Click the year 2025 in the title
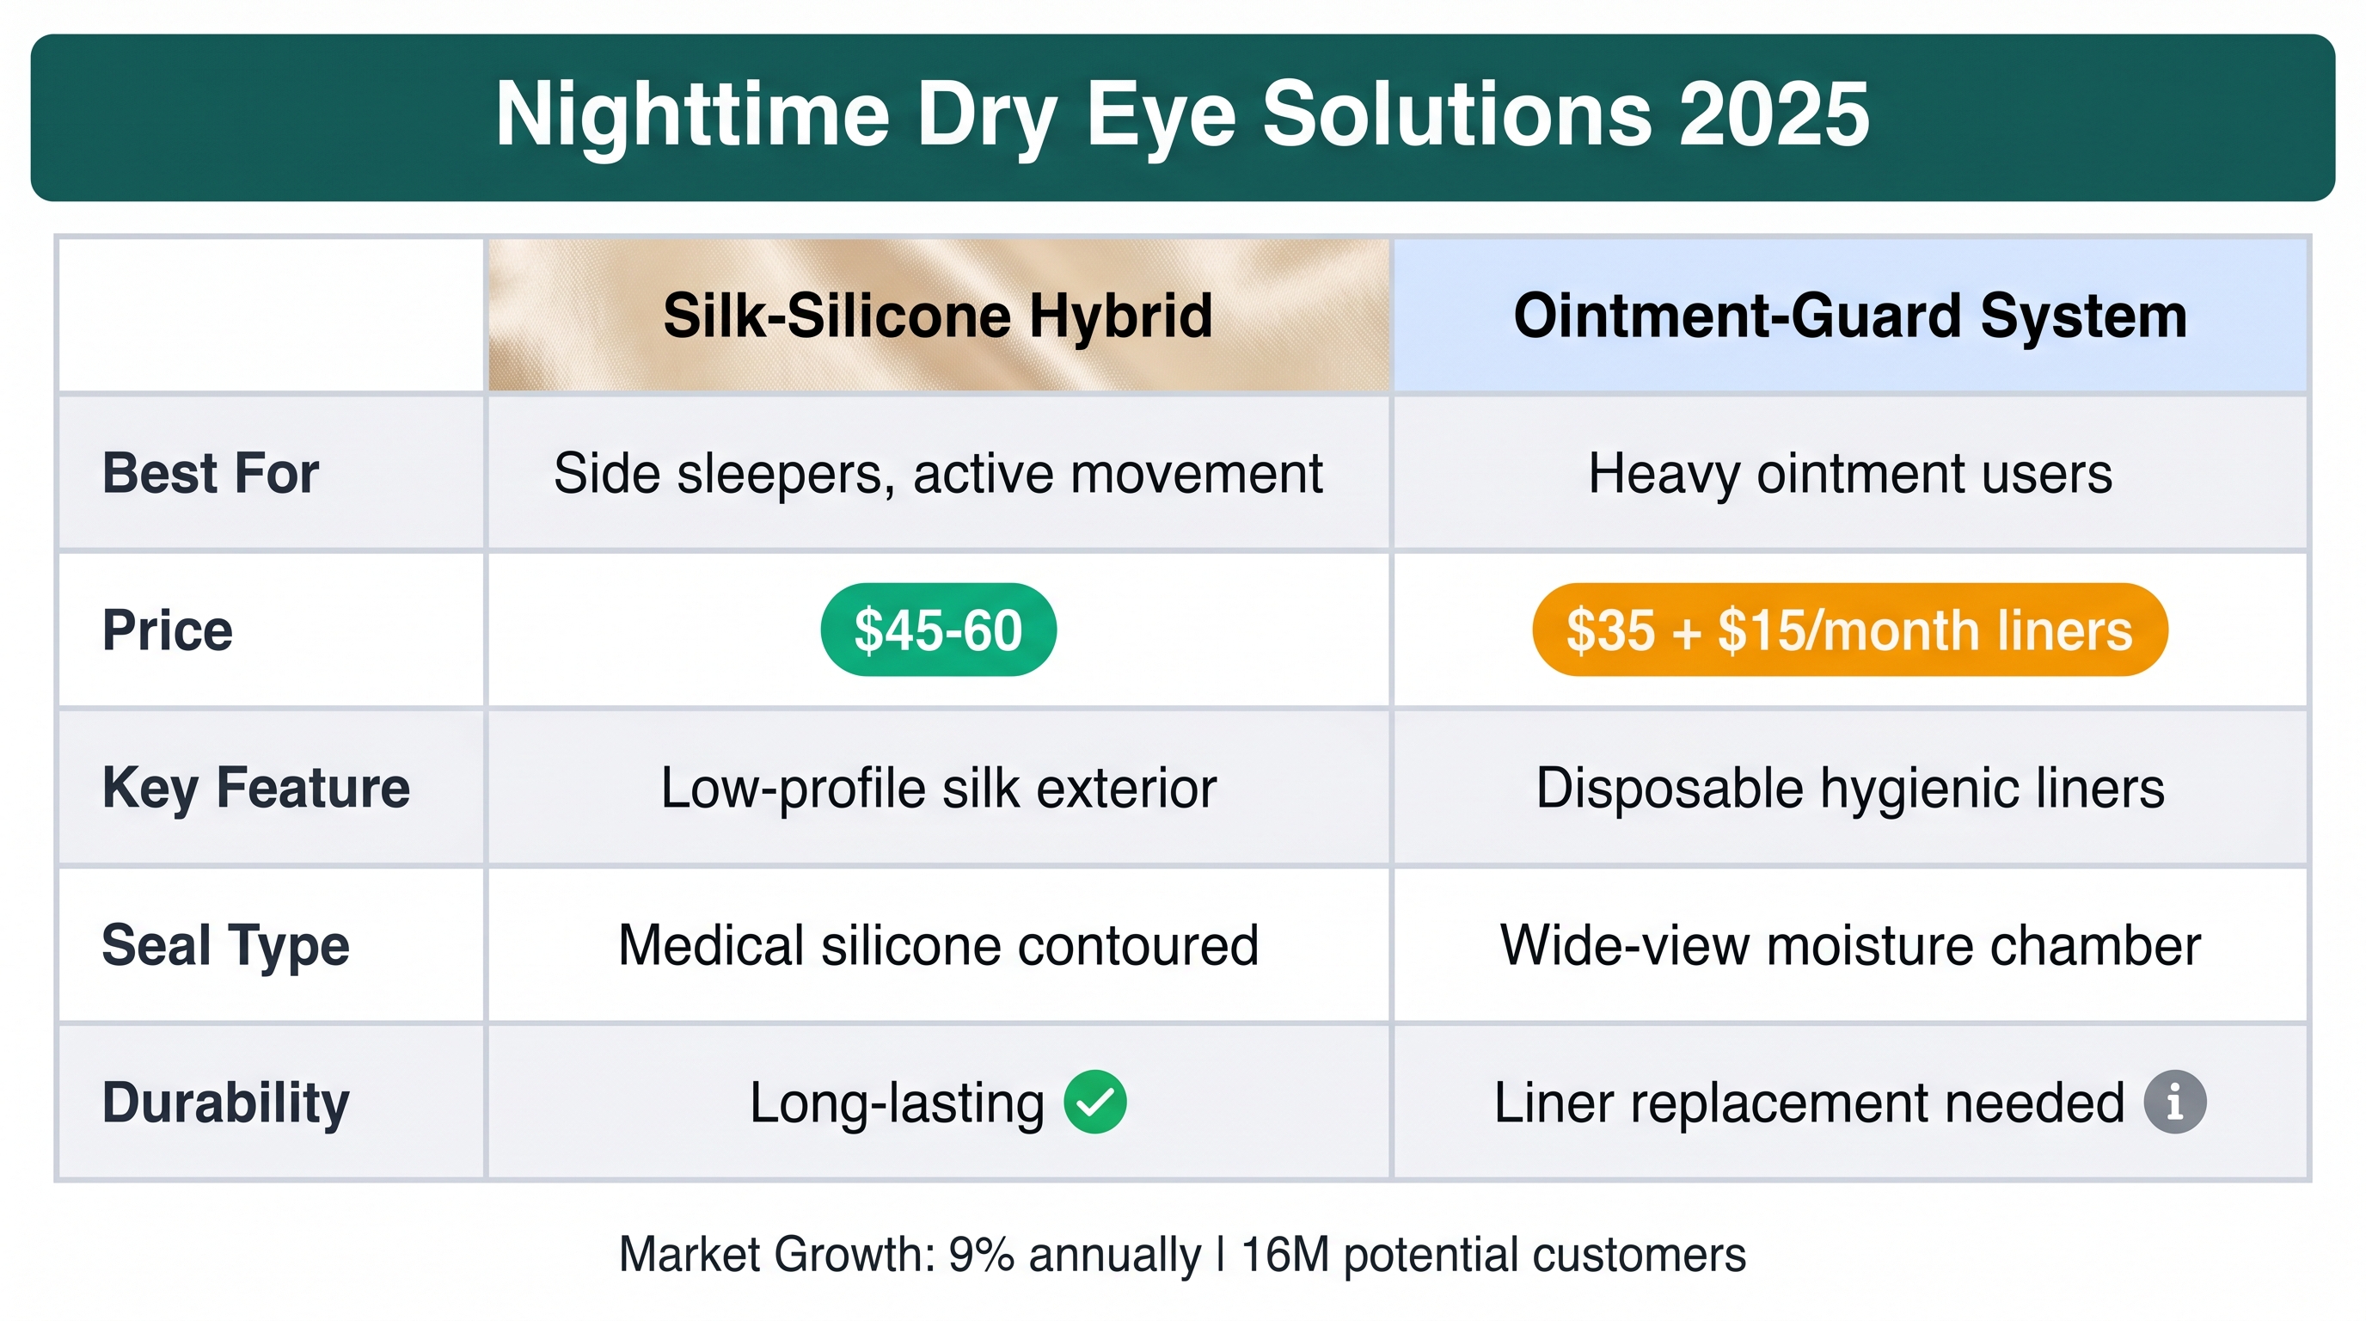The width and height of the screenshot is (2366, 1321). pyautogui.click(x=1774, y=114)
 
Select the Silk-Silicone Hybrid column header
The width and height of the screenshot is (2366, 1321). pyautogui.click(x=938, y=315)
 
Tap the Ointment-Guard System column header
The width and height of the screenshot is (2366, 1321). pyautogui.click(x=1850, y=315)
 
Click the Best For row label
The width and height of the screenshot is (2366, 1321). pyautogui.click(x=211, y=473)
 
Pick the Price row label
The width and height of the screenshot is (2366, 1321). pyautogui.click(x=167, y=630)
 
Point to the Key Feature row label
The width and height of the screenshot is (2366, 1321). pyautogui.click(x=255, y=788)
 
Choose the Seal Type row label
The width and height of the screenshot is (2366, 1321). pyautogui.click(x=225, y=946)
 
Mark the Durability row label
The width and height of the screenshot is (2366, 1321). pyautogui.click(x=225, y=1103)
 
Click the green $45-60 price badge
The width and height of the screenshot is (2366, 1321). pyautogui.click(x=938, y=630)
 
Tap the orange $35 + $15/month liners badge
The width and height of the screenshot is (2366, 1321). pyautogui.click(x=1850, y=630)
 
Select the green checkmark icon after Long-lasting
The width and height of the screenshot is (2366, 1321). pyautogui.click(x=1094, y=1103)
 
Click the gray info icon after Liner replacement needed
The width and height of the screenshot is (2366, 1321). pyautogui.click(x=2175, y=1103)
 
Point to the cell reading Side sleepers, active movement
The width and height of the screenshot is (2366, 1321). pyautogui.click(x=938, y=474)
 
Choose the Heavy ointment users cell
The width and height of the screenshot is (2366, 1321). pyautogui.click(x=1850, y=474)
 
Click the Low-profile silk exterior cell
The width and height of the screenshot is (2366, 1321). pyautogui.click(x=938, y=788)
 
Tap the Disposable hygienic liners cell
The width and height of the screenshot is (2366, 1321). pyautogui.click(x=1850, y=788)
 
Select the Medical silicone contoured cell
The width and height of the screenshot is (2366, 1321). pyautogui.click(x=938, y=945)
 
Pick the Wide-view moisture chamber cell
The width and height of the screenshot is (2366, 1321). pyautogui.click(x=1850, y=945)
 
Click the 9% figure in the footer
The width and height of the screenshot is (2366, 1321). pyautogui.click(x=981, y=1255)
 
